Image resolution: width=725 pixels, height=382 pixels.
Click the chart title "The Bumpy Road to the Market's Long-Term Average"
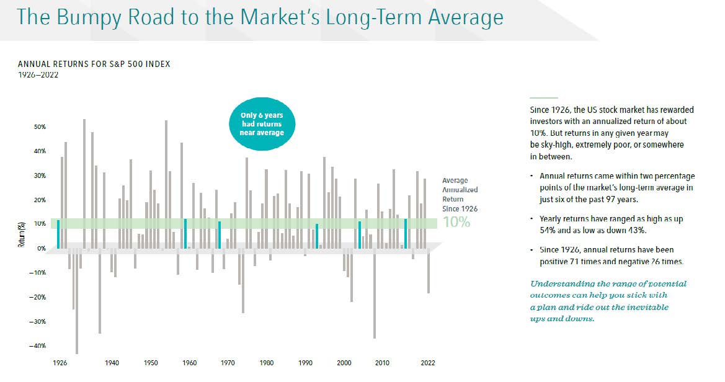click(x=260, y=17)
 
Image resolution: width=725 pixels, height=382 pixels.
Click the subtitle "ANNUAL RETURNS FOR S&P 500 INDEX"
click(x=94, y=64)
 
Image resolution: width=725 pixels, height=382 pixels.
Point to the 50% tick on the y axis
click(x=39, y=127)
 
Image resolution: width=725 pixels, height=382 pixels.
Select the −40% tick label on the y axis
click(x=38, y=346)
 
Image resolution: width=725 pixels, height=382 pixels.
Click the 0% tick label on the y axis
click(x=41, y=249)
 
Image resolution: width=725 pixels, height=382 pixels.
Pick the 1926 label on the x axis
click(x=60, y=363)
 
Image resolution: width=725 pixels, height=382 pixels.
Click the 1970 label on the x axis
click(x=228, y=363)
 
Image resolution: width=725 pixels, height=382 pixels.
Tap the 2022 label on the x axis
click(x=427, y=363)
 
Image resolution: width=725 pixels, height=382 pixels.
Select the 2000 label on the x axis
click(x=344, y=363)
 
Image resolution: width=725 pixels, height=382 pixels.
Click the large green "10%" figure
click(x=456, y=222)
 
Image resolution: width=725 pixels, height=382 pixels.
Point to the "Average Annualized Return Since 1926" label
click(x=460, y=195)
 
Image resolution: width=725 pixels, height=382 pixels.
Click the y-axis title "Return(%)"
click(x=21, y=236)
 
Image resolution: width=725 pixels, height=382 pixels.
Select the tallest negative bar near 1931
click(x=77, y=301)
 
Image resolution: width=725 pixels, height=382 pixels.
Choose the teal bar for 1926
click(x=58, y=234)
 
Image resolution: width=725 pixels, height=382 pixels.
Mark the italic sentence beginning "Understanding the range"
click(x=608, y=301)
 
